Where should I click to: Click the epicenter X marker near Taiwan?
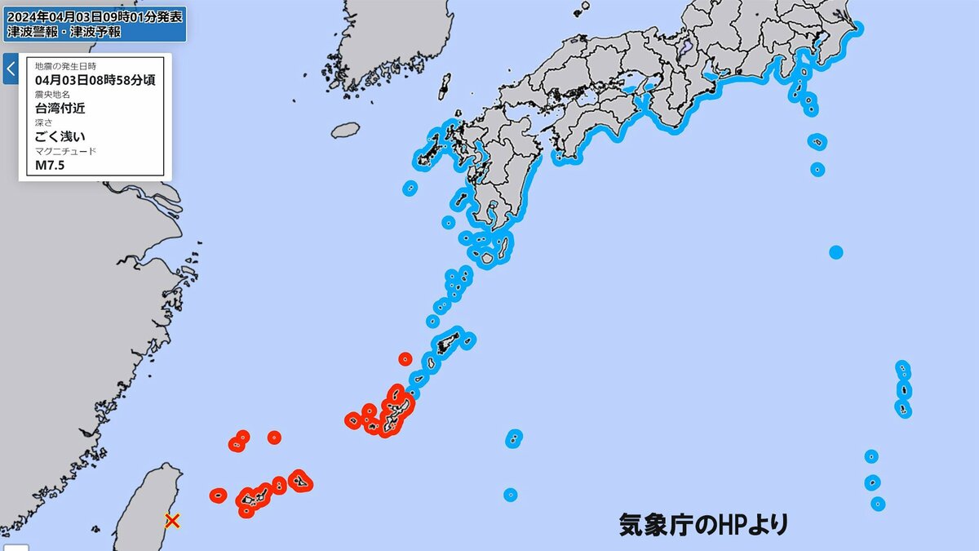click(172, 520)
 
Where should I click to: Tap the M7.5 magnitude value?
click(50, 165)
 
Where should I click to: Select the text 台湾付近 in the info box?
click(60, 108)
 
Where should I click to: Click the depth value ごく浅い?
click(60, 136)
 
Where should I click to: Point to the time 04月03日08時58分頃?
click(95, 80)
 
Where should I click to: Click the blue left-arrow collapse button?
click(10, 69)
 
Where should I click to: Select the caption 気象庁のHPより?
click(703, 524)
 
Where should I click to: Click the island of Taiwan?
click(147, 506)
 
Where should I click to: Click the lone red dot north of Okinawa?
click(405, 358)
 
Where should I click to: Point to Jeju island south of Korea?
click(345, 130)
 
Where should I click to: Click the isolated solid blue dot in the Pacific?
click(835, 251)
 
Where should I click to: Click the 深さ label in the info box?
click(42, 122)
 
